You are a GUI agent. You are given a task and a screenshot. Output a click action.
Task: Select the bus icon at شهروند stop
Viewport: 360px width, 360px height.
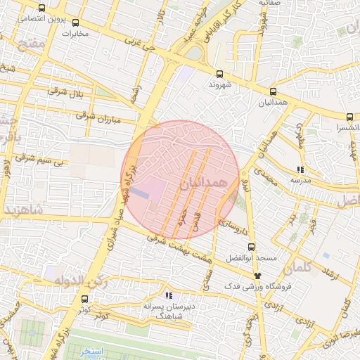coord(219,74)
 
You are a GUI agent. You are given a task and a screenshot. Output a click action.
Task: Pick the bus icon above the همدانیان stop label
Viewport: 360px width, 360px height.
coord(273,91)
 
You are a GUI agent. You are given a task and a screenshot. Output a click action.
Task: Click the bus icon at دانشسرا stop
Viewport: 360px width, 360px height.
coord(349,117)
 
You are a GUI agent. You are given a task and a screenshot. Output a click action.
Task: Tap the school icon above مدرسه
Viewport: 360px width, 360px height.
coord(300,169)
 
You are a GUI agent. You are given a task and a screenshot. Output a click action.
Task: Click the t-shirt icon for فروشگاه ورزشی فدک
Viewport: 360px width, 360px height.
coord(258,276)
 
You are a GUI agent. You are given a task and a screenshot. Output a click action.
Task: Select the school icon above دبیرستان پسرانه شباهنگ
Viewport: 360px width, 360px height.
coord(168,296)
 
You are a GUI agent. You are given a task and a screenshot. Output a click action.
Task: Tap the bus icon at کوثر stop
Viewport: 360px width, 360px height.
coord(86,299)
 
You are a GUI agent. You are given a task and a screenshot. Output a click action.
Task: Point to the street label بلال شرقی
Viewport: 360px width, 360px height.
coord(70,93)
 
